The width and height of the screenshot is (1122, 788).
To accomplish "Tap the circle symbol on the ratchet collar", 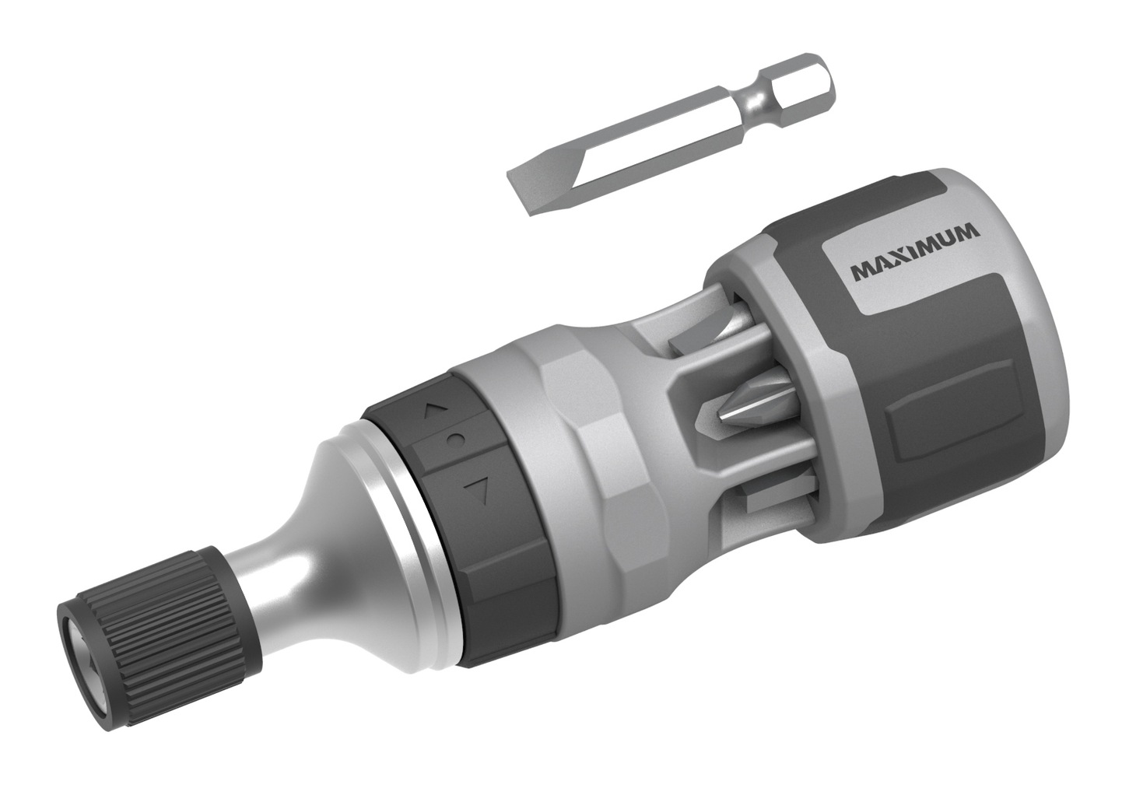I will click(x=455, y=440).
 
